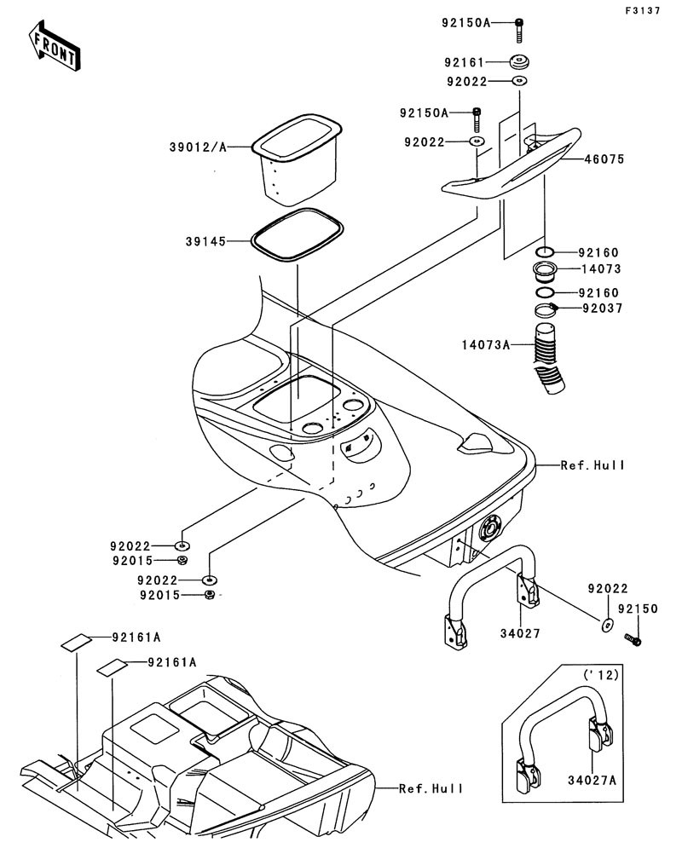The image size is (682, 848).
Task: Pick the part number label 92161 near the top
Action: [x=464, y=62]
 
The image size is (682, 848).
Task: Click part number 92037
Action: [x=601, y=309]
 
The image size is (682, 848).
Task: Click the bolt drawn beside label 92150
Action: [x=633, y=638]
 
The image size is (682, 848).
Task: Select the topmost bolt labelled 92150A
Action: [x=518, y=29]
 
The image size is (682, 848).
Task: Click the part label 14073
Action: [x=601, y=269]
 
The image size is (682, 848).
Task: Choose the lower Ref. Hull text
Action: [x=431, y=788]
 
